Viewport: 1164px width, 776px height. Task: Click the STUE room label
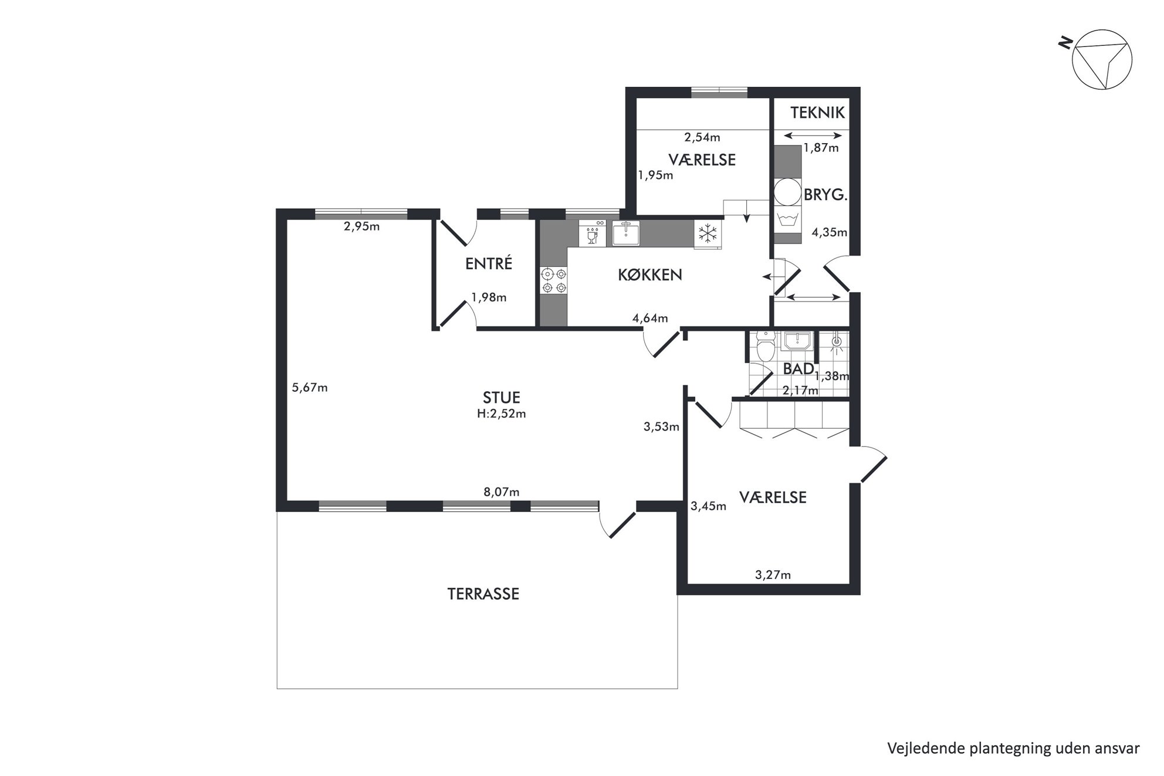coord(502,398)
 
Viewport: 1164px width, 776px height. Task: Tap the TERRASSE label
coord(483,594)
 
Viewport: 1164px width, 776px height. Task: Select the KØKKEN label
coord(650,275)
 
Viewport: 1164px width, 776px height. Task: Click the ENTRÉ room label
coord(489,263)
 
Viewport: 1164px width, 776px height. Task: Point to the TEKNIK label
coord(817,113)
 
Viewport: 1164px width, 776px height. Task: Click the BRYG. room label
coord(825,195)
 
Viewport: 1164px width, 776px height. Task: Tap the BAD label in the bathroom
coord(798,369)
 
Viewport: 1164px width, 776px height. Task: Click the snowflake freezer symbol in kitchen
coord(708,233)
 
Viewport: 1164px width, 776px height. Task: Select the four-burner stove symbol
coord(554,280)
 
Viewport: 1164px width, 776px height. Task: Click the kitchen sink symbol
coord(627,233)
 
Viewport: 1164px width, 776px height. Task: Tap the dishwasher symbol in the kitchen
coord(592,233)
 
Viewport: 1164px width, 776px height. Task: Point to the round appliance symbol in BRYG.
coord(787,192)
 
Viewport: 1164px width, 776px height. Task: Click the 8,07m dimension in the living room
coord(502,492)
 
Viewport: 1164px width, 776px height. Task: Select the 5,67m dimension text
coord(310,387)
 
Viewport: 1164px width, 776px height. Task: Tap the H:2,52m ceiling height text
coord(502,414)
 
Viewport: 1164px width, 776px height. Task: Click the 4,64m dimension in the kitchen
coord(650,318)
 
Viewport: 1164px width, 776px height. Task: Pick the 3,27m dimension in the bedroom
coord(773,575)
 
